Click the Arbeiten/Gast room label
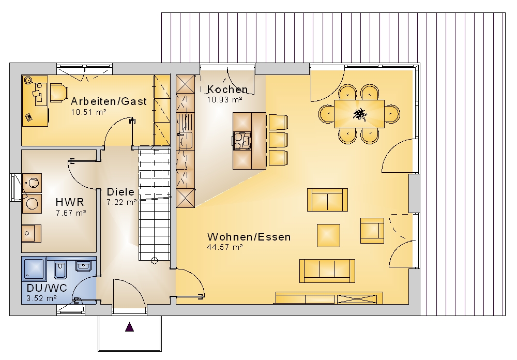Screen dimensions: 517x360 (109, 101)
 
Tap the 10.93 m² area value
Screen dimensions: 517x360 (224, 100)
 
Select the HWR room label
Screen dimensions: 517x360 (70, 202)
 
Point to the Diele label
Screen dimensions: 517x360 (120, 192)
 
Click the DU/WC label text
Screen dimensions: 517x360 (47, 288)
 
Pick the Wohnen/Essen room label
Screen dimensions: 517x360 (249, 237)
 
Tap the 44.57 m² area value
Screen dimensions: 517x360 (225, 247)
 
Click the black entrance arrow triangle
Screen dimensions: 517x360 (130, 327)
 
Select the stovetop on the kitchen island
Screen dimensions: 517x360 (242, 139)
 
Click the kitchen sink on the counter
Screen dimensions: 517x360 (185, 140)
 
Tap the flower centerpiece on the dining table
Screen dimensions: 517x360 (359, 114)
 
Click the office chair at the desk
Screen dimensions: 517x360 (59, 93)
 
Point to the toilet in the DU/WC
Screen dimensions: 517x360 (60, 269)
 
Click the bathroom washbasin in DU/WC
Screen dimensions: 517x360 (84, 266)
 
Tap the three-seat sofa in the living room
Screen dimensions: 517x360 (327, 271)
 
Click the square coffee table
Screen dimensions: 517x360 (328, 235)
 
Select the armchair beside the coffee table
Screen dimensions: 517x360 (372, 230)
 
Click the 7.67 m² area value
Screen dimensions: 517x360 (71, 213)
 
